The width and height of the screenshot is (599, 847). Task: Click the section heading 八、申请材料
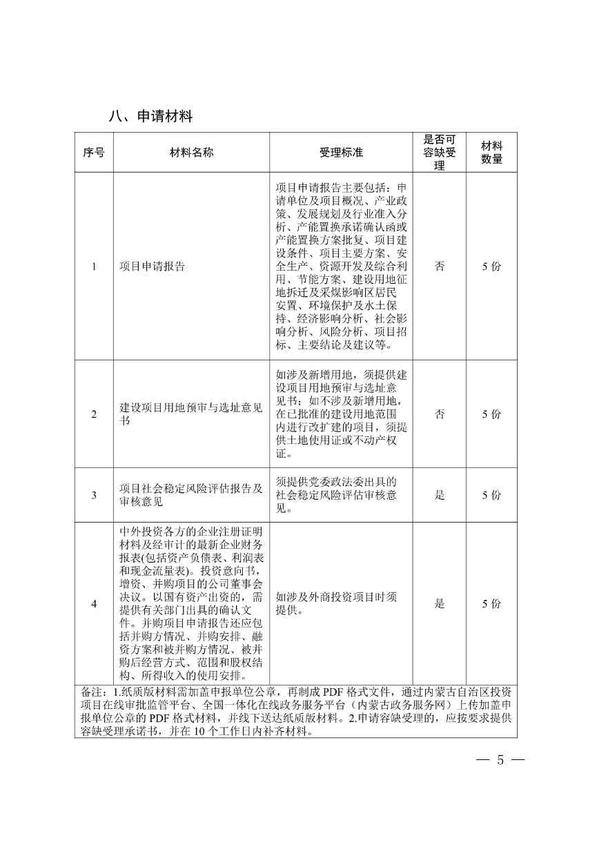click(x=150, y=116)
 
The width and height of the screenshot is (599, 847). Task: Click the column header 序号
click(x=94, y=153)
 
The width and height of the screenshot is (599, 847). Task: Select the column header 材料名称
click(x=191, y=153)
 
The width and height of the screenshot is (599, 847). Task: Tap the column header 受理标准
click(x=341, y=153)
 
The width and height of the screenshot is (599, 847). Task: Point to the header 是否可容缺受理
click(x=440, y=153)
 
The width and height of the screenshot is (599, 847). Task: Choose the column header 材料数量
click(x=491, y=153)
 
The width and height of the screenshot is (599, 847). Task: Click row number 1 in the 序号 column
click(x=94, y=266)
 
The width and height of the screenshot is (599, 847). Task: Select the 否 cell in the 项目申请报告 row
click(x=440, y=266)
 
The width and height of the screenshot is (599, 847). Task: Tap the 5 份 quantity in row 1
click(x=491, y=266)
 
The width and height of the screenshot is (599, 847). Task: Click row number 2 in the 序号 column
click(x=94, y=414)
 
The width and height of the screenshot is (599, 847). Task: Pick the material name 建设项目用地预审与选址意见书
click(x=190, y=414)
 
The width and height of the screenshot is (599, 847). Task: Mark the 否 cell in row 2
click(x=440, y=414)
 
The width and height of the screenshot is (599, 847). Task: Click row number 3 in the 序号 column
click(x=94, y=495)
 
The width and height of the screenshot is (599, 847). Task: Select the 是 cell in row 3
click(x=440, y=495)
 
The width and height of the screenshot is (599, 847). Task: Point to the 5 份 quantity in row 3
click(x=491, y=495)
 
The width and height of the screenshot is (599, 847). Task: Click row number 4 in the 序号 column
click(x=94, y=604)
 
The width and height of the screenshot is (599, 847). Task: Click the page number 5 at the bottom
click(x=500, y=761)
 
